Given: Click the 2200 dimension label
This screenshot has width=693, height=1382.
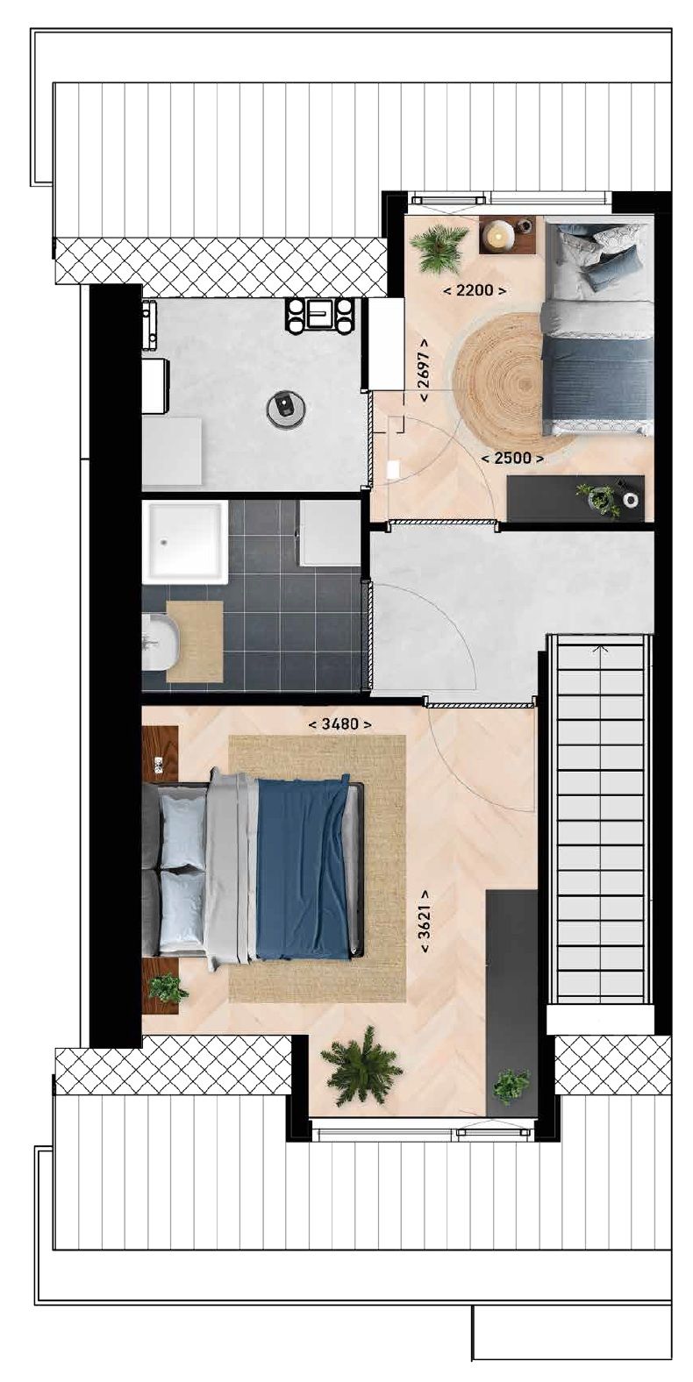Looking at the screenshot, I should (475, 290).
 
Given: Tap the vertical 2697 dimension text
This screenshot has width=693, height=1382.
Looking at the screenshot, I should (425, 370).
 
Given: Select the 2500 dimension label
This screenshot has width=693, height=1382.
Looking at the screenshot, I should (512, 457).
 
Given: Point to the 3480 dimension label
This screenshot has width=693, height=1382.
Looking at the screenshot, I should (340, 724).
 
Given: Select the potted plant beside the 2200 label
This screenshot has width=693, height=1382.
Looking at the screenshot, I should (439, 247).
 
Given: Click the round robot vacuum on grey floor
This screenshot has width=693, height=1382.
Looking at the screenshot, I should (286, 407).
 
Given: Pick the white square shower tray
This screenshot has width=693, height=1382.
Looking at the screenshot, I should (185, 541).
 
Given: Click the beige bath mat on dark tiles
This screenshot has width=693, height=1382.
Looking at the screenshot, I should (194, 641).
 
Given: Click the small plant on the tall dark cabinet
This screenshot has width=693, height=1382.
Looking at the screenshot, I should (511, 1086).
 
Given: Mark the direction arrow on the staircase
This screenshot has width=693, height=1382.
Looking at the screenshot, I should (600, 650).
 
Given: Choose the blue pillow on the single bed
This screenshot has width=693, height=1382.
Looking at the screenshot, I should (611, 266).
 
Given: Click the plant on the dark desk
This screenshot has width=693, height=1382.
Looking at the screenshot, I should (601, 498).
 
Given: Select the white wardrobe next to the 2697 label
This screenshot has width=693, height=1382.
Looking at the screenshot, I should (385, 344).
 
